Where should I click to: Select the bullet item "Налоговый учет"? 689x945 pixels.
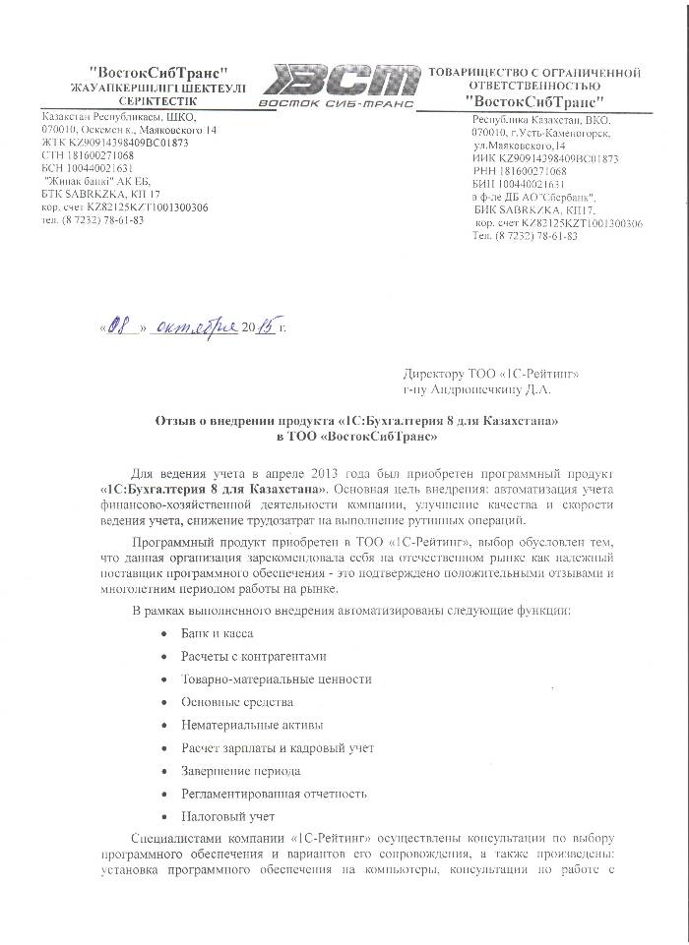(x=227, y=816)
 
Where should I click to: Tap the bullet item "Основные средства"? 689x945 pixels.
(x=237, y=702)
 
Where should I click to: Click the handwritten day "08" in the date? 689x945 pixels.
(x=120, y=327)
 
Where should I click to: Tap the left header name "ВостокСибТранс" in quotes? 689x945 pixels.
(x=157, y=72)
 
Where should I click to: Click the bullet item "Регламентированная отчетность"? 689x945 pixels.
(x=274, y=793)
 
